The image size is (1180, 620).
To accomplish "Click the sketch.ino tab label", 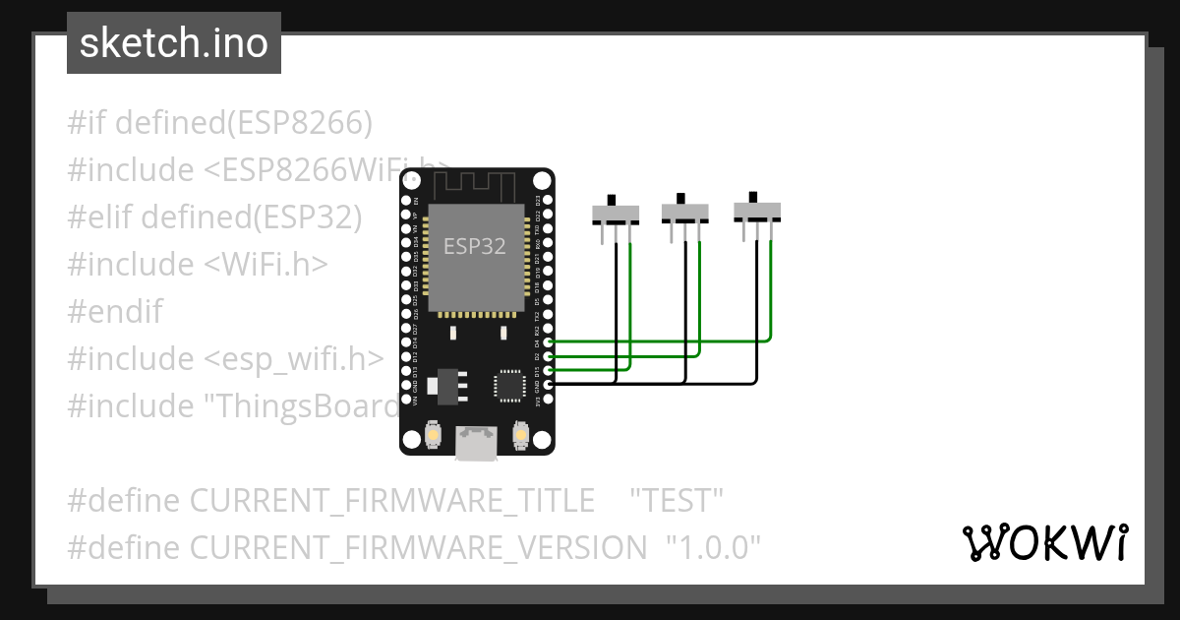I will tap(174, 43).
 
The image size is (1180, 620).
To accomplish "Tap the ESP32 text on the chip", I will tap(475, 246).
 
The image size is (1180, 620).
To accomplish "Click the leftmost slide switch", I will tap(616, 214).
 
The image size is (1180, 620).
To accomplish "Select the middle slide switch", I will tap(685, 211).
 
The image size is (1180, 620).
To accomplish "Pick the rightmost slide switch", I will tap(757, 210).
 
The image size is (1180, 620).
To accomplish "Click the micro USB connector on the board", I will tap(476, 443).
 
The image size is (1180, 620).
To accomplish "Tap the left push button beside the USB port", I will tap(433, 434).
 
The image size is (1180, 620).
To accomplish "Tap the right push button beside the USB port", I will tap(521, 434).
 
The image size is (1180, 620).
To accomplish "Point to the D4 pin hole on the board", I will tap(548, 341).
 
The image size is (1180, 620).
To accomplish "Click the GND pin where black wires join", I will tap(548, 383).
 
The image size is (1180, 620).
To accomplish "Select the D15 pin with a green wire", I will tap(548, 369).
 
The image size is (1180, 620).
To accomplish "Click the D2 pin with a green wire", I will tap(548, 355).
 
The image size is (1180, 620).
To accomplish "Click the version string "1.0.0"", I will tap(713, 548).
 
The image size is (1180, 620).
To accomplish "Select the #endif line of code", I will tap(115, 312).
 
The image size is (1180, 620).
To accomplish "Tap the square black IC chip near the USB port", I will tap(510, 385).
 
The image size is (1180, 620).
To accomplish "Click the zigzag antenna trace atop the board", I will tap(476, 184).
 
